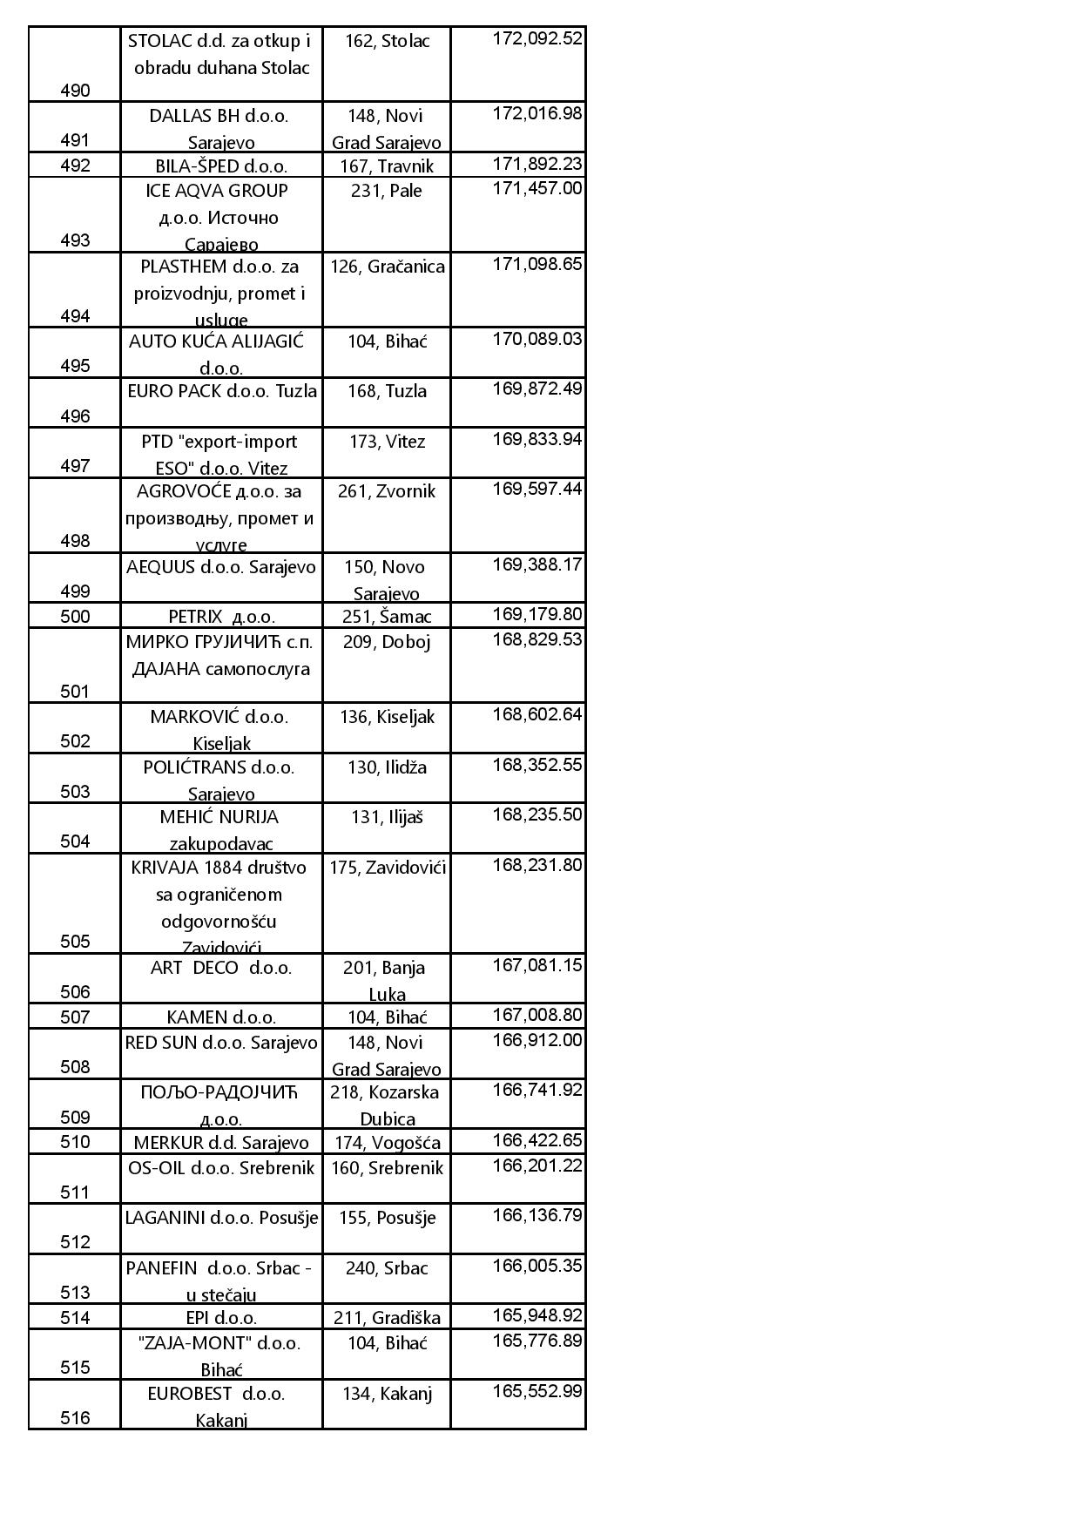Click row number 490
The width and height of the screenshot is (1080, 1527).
[75, 91]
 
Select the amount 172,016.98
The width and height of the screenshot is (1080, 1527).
[537, 114]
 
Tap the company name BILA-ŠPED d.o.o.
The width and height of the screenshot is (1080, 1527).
[221, 166]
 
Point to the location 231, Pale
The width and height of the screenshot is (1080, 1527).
[386, 191]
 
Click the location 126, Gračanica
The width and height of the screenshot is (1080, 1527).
[387, 267]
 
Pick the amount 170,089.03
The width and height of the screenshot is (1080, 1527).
[537, 339]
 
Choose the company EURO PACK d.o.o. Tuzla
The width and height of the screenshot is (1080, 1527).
[221, 391]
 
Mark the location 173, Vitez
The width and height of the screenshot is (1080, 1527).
[387, 442]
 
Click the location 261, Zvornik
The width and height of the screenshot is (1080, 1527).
[386, 491]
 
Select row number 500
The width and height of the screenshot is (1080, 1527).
[75, 617]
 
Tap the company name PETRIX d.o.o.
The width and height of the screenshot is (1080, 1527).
[221, 617]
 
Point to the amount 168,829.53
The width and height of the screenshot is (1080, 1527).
[537, 640]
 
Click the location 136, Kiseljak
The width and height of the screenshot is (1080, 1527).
[387, 717]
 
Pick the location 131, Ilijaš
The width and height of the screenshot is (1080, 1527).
[387, 817]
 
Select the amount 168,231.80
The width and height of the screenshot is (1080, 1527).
[537, 866]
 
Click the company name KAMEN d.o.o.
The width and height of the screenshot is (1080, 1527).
[221, 1017]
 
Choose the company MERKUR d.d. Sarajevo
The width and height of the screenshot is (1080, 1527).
[221, 1143]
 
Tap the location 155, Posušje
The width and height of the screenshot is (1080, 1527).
[387, 1218]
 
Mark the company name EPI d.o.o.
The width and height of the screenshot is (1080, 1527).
[221, 1318]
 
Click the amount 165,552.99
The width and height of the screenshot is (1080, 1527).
[537, 1392]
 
